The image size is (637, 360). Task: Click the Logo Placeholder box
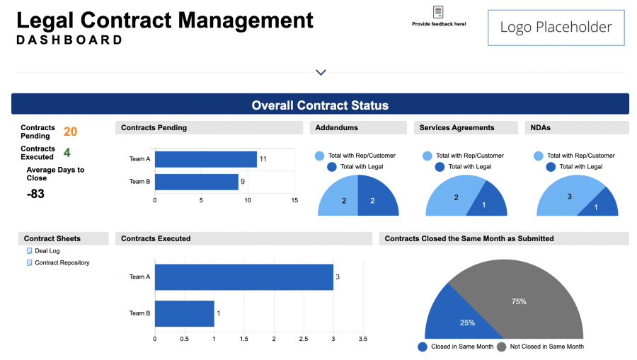pyautogui.click(x=556, y=28)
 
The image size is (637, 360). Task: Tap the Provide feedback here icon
pyautogui.click(x=439, y=12)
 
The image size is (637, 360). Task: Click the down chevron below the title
pyautogui.click(x=321, y=72)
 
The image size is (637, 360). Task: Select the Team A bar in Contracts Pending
pyautogui.click(x=205, y=159)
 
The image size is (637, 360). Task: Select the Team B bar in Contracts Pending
pyautogui.click(x=196, y=182)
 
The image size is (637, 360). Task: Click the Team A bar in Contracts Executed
pyautogui.click(x=243, y=277)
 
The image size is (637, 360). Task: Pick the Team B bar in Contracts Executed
pyautogui.click(x=184, y=313)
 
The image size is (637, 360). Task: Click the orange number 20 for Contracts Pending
pyautogui.click(x=71, y=132)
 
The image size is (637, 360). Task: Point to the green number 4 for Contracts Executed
pyautogui.click(x=67, y=152)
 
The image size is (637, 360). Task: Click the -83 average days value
pyautogui.click(x=35, y=194)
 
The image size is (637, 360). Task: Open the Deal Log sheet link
pyautogui.click(x=47, y=251)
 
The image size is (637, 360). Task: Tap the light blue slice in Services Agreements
pyautogui.click(x=450, y=197)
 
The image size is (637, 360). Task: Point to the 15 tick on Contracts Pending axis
pyautogui.click(x=294, y=200)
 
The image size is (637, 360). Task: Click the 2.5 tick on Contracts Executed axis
pyautogui.click(x=303, y=339)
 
